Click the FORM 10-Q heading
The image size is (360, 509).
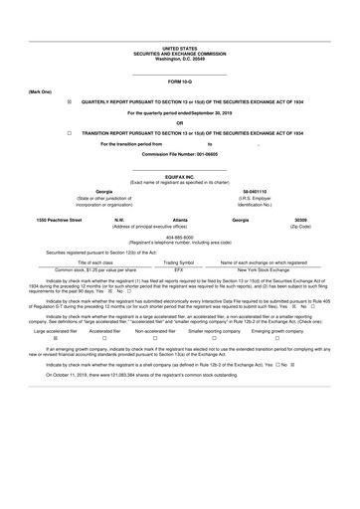[179, 80]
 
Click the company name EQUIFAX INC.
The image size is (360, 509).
[179, 176]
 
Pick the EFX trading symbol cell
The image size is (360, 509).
[179, 269]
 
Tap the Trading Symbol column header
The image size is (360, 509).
[179, 261]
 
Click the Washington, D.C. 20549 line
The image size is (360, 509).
[179, 59]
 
